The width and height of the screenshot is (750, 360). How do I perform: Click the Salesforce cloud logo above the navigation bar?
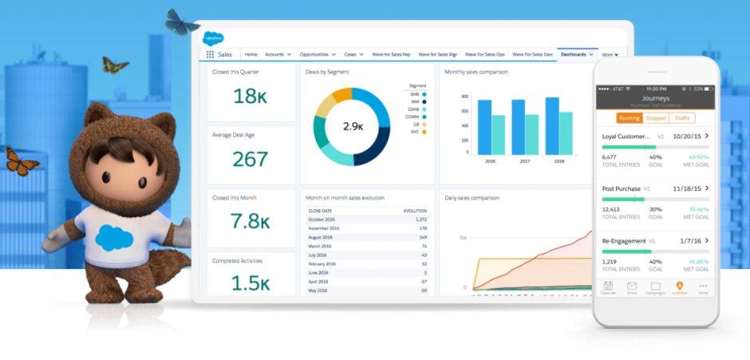tap(213, 38)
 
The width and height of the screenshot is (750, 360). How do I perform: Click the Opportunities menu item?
tap(318, 54)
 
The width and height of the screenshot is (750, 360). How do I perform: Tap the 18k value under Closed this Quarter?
tap(250, 96)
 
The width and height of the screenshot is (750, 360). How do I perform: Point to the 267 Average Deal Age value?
tap(250, 159)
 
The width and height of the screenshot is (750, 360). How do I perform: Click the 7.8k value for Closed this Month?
tap(250, 221)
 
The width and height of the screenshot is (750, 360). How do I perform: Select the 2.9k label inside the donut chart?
tap(353, 126)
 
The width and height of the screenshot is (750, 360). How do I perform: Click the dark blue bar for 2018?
tap(552, 125)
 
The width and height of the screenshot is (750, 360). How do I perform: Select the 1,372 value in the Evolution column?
tap(420, 219)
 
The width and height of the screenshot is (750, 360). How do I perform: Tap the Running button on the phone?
tap(630, 118)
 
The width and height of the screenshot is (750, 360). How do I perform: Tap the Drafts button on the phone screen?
tap(681, 118)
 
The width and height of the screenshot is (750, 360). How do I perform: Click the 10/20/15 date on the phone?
tap(687, 136)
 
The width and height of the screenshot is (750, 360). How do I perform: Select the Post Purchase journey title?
tap(622, 189)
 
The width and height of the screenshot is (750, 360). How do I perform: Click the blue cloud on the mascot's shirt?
tap(114, 237)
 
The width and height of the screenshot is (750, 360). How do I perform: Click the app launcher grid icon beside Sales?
tap(210, 54)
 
